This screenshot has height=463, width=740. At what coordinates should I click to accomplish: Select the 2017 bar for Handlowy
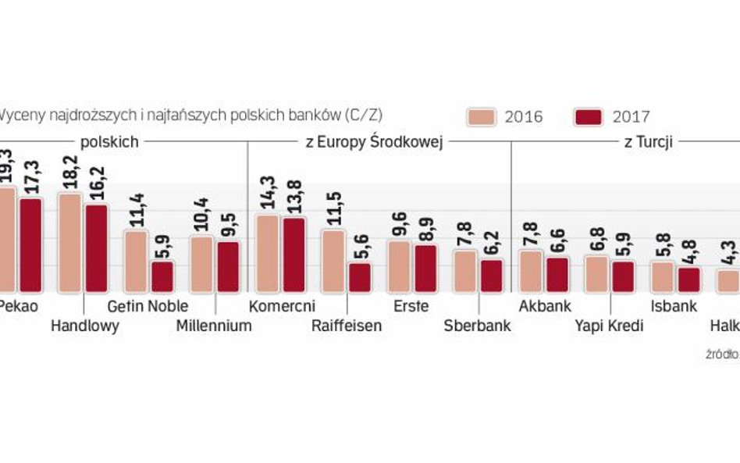[x=97, y=248]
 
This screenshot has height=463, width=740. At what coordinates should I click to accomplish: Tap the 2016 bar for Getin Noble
[x=136, y=261]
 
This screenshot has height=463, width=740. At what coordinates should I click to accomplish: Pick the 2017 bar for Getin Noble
[x=162, y=276]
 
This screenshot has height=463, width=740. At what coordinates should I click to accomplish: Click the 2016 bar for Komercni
[x=268, y=253]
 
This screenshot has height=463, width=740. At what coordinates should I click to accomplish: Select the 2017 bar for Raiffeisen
[x=359, y=277]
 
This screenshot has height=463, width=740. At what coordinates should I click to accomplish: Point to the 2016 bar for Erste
[x=400, y=265]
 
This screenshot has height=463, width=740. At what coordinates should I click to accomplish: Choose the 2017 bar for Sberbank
[x=491, y=275]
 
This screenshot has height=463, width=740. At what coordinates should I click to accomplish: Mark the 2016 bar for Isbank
[x=663, y=276]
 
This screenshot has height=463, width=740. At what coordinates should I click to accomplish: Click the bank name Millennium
[x=214, y=326]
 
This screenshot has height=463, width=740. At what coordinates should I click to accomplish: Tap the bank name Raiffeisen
[x=346, y=326]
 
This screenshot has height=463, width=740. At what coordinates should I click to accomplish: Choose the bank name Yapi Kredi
[x=610, y=326]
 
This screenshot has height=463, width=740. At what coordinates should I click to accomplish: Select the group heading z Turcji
[x=648, y=142]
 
